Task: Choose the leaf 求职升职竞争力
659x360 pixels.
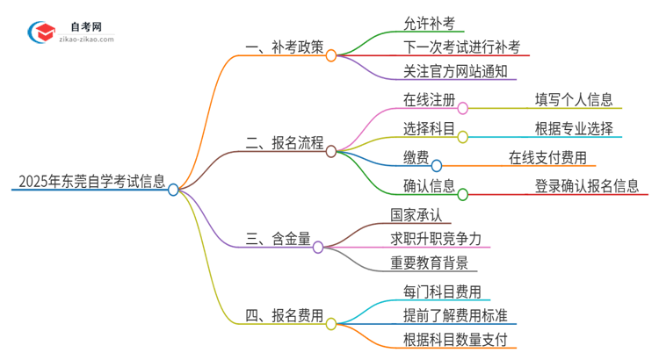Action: tap(436, 238)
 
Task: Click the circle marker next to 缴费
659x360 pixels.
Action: tap(436, 164)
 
